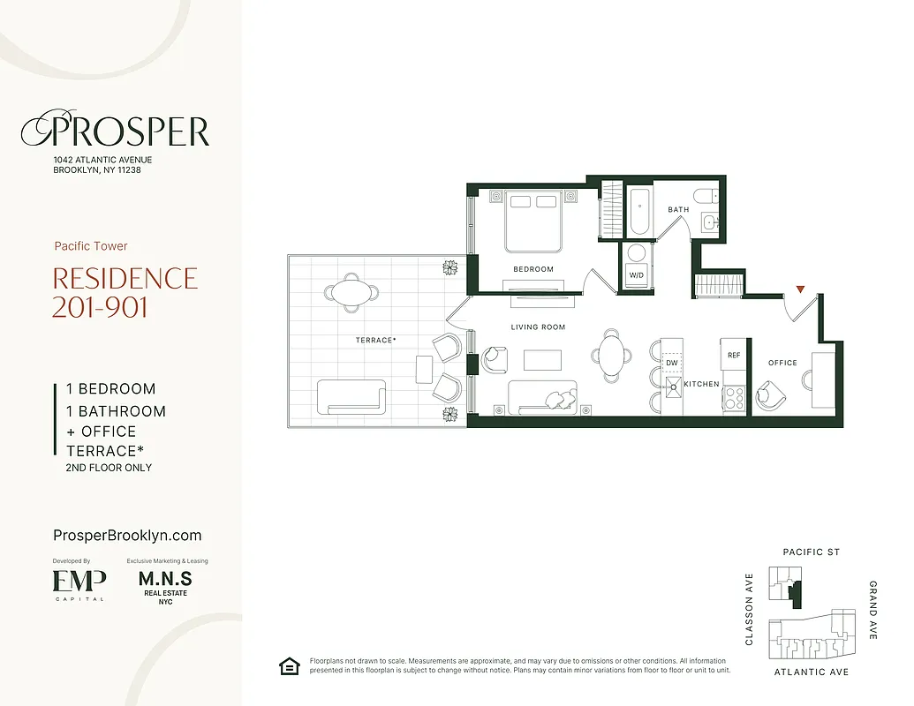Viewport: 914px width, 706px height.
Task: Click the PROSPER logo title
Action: [115, 131]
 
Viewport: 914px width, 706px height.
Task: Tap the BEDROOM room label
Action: [533, 269]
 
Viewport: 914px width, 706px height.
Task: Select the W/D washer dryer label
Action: [636, 274]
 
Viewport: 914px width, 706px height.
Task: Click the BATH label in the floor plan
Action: [678, 210]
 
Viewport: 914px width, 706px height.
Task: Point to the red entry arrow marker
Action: [800, 289]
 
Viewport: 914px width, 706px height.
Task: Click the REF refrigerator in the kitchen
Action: [733, 355]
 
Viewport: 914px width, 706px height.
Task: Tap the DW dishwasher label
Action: [671, 363]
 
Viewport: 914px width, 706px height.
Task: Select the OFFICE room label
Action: [782, 363]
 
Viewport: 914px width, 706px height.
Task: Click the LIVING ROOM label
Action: [538, 327]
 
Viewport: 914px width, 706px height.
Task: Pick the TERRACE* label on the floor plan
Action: [375, 340]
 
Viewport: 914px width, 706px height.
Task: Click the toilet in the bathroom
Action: [706, 196]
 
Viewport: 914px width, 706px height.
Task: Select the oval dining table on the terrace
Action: [351, 292]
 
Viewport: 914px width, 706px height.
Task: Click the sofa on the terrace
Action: [351, 396]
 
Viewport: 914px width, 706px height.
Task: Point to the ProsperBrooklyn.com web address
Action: [127, 536]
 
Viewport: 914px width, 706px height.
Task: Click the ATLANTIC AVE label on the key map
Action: [811, 672]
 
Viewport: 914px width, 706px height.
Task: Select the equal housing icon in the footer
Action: [288, 665]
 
